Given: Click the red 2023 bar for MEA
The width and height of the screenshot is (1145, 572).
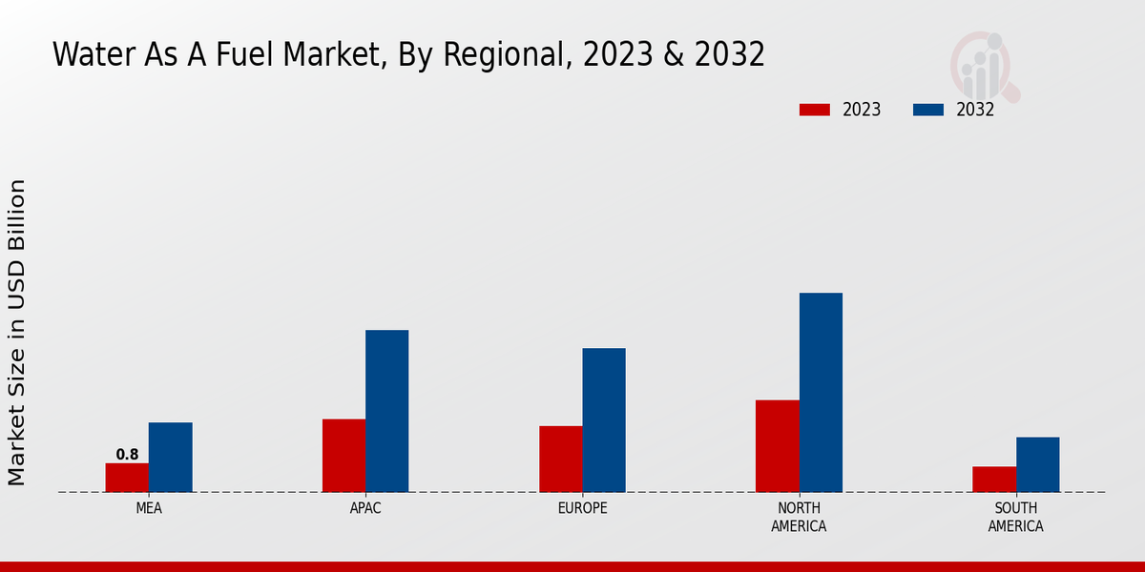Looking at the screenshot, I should click(127, 478).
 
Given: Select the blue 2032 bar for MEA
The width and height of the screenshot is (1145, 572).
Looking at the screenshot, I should click(170, 457).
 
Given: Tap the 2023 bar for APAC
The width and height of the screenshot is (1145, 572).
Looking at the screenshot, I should click(343, 456).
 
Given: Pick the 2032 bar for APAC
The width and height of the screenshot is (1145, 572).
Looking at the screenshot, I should click(386, 411).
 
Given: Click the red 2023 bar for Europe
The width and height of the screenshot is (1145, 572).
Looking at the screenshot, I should click(560, 459).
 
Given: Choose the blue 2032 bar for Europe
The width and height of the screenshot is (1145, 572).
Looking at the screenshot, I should click(604, 419).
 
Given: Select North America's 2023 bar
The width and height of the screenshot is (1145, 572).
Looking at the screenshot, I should click(777, 446).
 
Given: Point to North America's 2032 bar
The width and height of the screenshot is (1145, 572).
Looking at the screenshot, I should click(821, 392).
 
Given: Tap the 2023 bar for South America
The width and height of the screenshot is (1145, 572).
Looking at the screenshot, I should click(994, 480).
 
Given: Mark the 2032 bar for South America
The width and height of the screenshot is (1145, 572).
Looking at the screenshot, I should click(1037, 464).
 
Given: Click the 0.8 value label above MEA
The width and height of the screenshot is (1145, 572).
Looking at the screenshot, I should click(127, 455).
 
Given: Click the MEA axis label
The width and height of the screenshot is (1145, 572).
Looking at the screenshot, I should click(149, 508).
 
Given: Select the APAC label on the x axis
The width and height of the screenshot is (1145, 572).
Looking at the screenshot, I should click(365, 508).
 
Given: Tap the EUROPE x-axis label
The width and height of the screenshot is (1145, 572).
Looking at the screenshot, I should click(582, 508).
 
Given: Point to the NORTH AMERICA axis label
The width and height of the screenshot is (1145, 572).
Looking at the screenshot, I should click(800, 517).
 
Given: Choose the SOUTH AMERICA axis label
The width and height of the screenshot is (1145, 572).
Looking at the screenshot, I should click(1015, 517).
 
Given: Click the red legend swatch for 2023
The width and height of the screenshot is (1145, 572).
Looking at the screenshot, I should click(814, 110).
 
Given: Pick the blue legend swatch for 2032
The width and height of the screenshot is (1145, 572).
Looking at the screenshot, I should click(927, 110).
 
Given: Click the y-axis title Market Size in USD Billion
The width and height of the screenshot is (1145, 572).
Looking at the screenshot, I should click(17, 332).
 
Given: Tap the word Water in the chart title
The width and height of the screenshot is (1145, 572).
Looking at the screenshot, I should click(89, 55).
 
